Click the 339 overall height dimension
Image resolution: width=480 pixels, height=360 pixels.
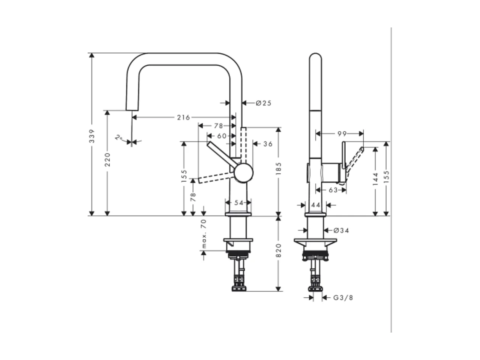pos(92,136)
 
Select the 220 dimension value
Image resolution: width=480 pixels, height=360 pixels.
pos(107,159)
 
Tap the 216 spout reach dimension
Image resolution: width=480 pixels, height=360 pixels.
pos(183,117)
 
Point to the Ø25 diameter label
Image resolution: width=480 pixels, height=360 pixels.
pos(264,103)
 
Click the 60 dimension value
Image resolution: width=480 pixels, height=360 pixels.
pos(222,136)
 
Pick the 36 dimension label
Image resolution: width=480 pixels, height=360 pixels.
pos(268,144)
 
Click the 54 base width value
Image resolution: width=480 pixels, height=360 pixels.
pos(238,203)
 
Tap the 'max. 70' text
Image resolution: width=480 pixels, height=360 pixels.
pos(204,234)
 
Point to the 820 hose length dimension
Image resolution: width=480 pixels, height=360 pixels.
pos(279,250)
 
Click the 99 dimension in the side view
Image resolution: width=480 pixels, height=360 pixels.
pos(342,134)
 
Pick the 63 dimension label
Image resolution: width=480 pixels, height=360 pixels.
pos(333,190)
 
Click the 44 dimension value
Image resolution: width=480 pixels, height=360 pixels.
pos(316,205)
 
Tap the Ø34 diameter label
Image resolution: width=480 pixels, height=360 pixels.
pos(341,230)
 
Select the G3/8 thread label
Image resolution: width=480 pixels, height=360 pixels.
pos(343,297)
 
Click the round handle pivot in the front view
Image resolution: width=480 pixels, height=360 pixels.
pos(243,173)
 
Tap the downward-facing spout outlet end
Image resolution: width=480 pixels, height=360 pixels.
pos(132,108)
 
